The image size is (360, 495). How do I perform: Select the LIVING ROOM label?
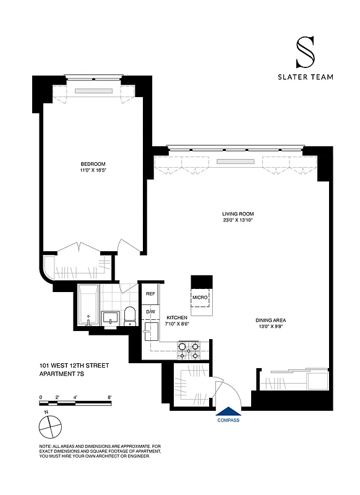tap(238, 213)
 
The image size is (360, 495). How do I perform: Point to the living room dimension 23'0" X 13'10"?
tap(238, 220)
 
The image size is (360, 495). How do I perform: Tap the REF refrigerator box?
tap(150, 294)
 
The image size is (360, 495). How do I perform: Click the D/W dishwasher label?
tap(150, 312)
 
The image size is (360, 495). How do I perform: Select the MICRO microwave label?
tap(200, 298)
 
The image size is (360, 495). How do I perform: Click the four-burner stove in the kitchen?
tap(188, 351)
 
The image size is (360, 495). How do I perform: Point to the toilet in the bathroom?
tap(130, 316)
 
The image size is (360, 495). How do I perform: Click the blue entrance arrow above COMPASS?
tap(228, 411)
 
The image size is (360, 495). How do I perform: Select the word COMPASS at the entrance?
tap(228, 421)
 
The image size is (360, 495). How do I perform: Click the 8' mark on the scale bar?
tap(109, 397)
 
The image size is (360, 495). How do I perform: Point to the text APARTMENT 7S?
tap(65, 374)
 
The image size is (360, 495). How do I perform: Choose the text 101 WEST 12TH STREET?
tap(74, 366)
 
